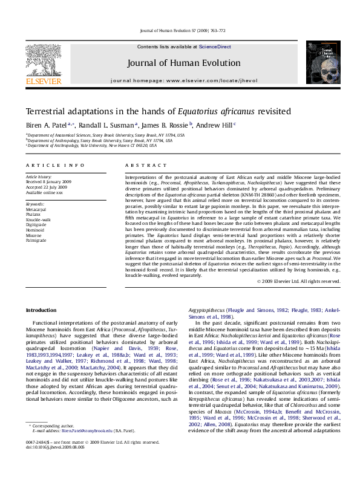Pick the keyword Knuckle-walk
pyautogui.click(x=38, y=219)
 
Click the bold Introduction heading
pyautogui.click(x=41, y=310)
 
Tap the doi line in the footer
pyautogui.click(x=56, y=464)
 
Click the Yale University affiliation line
pyautogui.click(x=96, y=145)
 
